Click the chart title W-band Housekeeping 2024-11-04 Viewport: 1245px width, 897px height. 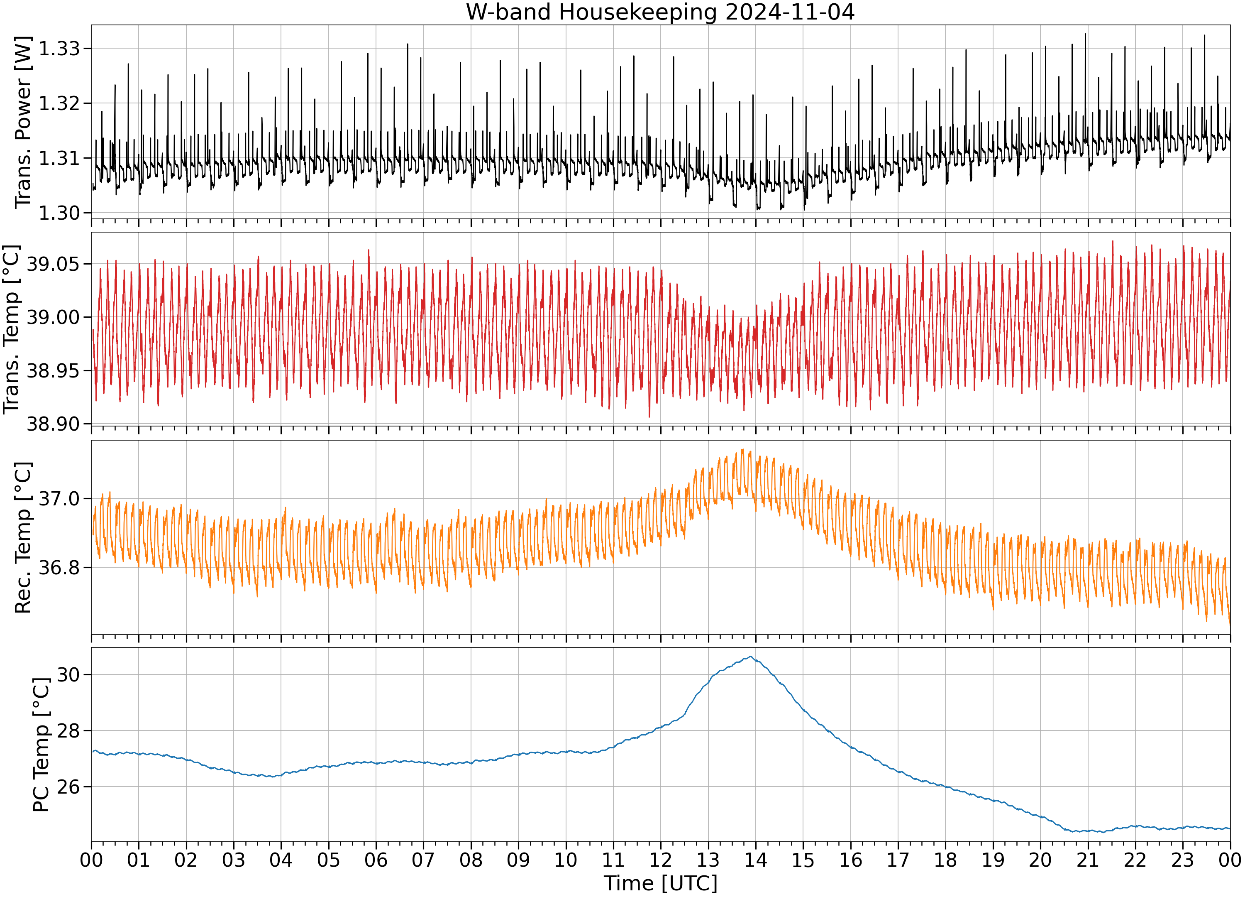click(660, 12)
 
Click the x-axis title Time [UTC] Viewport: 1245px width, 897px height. click(660, 884)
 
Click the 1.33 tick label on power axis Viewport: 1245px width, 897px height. click(59, 49)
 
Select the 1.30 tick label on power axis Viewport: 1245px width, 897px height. click(59, 213)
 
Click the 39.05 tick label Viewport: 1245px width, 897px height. click(53, 264)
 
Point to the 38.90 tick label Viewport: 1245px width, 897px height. click(53, 424)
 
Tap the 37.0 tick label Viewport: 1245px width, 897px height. click(59, 499)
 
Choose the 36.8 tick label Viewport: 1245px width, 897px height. click(59, 567)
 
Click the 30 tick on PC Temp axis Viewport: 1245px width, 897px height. click(68, 674)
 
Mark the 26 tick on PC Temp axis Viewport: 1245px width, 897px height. click(68, 787)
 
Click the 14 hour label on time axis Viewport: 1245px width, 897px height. click(755, 860)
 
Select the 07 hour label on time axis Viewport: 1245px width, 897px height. click(423, 860)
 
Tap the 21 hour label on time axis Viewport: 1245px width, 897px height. click(1087, 860)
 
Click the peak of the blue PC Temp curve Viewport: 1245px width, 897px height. click(750, 657)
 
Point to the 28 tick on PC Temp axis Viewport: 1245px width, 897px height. click(68, 730)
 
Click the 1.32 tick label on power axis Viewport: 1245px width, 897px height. click(59, 103)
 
